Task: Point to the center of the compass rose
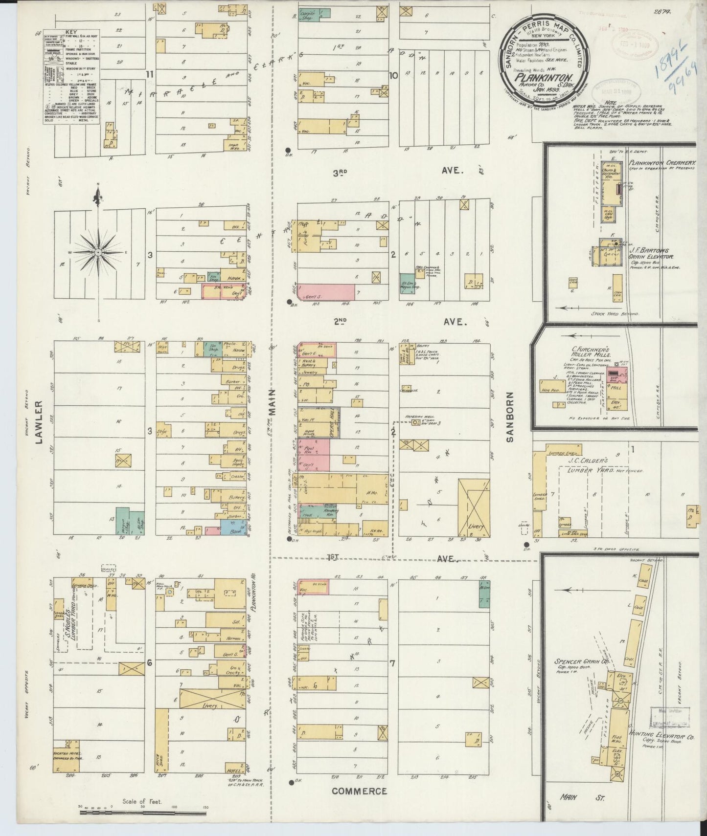[x=98, y=252]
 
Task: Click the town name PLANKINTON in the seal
[x=540, y=77]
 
